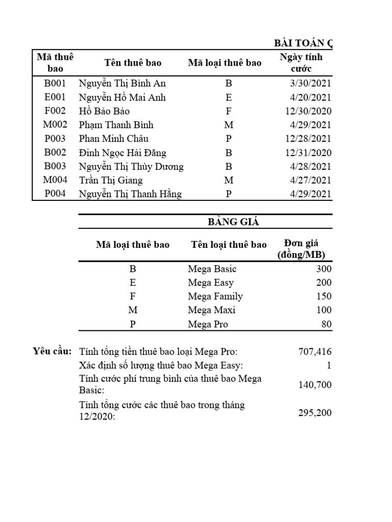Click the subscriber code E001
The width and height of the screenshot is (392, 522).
tap(55, 97)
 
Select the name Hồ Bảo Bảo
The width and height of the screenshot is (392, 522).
tap(104, 111)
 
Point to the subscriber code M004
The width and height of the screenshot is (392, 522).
tap(55, 180)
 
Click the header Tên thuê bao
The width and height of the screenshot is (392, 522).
tap(133, 63)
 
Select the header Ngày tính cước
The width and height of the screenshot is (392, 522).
tap(301, 63)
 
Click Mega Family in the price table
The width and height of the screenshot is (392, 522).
tap(215, 296)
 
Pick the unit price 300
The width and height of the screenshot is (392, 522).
tap(324, 269)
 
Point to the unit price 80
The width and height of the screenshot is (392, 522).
tap(326, 324)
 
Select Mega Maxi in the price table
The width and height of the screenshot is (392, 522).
tap(211, 310)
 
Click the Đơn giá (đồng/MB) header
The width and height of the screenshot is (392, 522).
tap(302, 249)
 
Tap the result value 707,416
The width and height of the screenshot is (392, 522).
tap(314, 352)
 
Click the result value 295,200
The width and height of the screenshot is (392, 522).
tap(314, 413)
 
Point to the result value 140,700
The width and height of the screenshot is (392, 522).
tap(314, 385)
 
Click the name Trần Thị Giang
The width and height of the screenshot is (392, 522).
tap(111, 180)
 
